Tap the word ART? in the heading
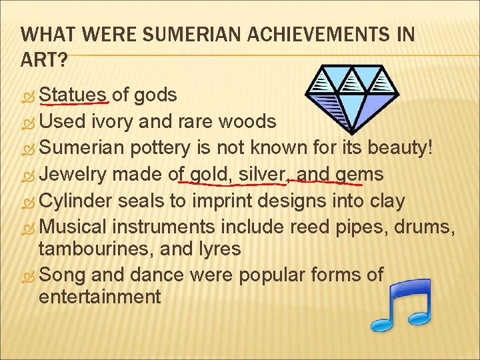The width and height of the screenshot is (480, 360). point(43,61)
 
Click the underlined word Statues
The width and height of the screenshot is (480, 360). point(73,95)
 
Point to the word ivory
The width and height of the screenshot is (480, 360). point(117,121)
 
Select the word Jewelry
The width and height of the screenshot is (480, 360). point(73,175)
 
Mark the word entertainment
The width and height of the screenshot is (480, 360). point(100,296)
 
